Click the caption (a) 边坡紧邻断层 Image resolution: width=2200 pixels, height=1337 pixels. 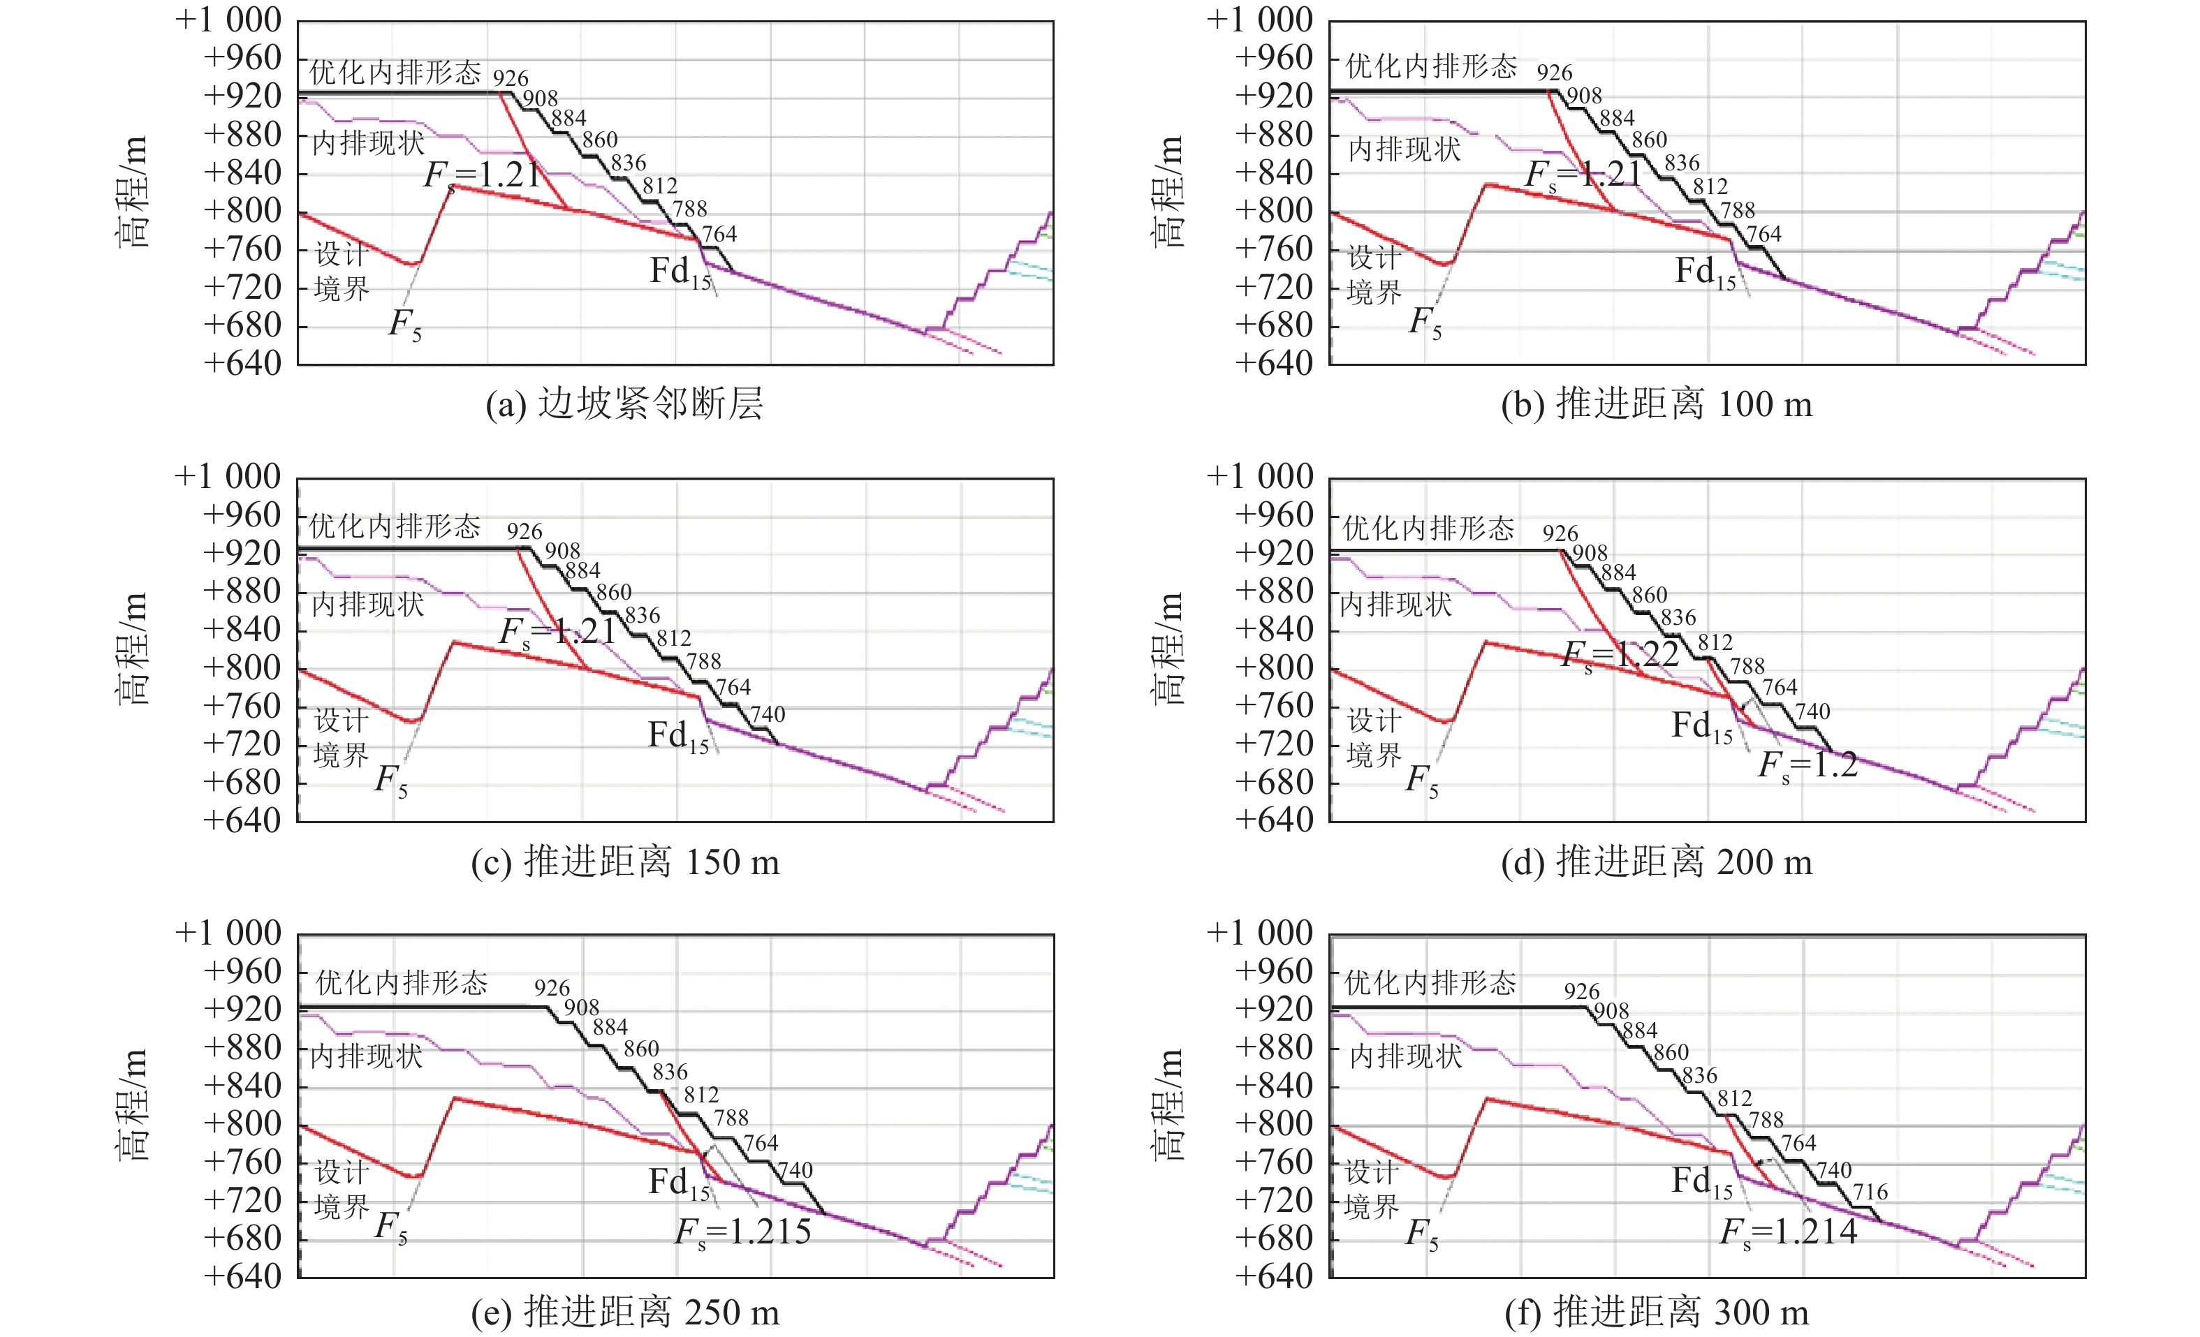tap(624, 404)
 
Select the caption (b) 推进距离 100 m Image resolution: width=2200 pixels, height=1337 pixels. tap(1656, 404)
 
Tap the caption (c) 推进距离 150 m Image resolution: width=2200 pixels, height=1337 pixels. tap(625, 862)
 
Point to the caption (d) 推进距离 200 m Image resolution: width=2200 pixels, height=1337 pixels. tap(1656, 862)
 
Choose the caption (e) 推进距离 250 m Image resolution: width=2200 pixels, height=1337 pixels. tap(625, 1312)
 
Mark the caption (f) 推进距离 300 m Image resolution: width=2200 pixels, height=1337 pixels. tap(1656, 1312)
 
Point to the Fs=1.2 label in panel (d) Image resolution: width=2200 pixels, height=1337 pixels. tap(1807, 766)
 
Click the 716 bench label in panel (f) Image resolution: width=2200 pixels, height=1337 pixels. tap(1870, 1192)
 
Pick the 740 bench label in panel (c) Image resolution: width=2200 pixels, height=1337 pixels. tap(767, 714)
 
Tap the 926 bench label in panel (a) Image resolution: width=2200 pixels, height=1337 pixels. tap(510, 78)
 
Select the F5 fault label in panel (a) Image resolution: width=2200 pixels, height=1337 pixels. tap(404, 323)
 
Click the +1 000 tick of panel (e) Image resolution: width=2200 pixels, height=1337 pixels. tap(228, 933)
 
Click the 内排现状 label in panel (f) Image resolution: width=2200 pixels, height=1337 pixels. tap(1405, 1057)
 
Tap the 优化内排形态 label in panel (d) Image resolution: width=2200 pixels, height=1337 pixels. tap(1428, 529)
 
